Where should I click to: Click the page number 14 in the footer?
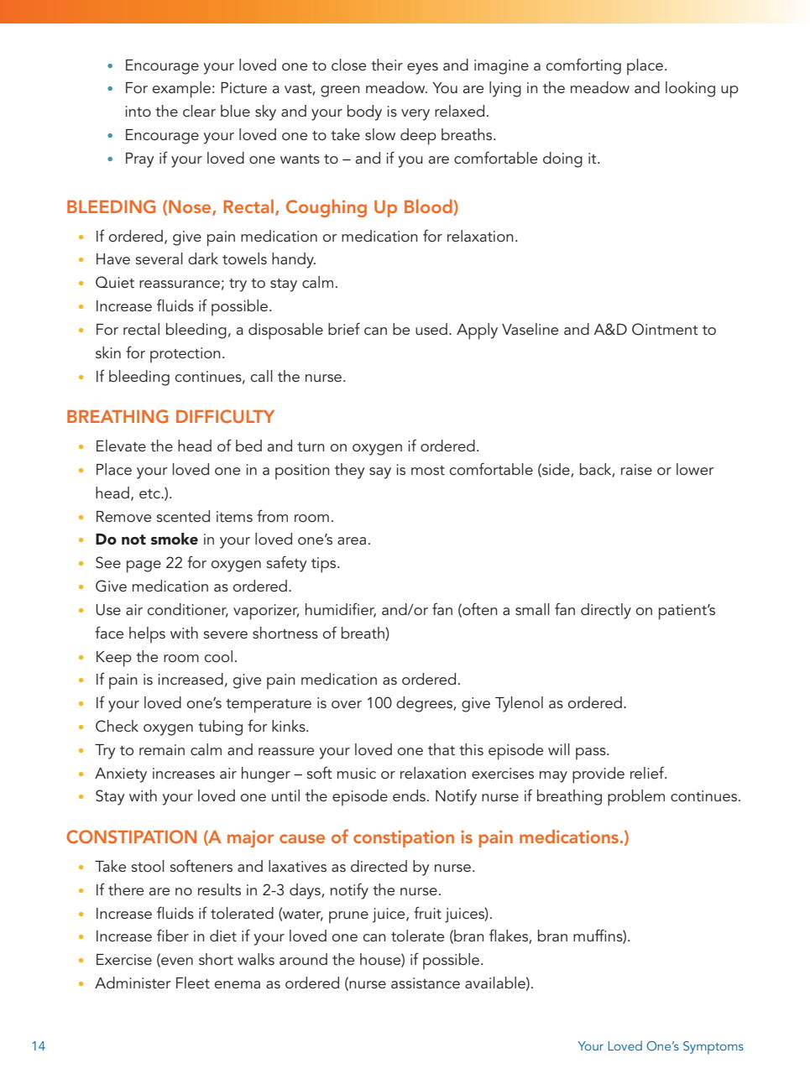point(39,1045)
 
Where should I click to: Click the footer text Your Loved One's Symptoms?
point(660,1045)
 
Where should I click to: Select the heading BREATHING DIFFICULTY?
point(170,417)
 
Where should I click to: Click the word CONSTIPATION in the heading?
point(132,837)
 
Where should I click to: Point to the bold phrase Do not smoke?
point(146,540)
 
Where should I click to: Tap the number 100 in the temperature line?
point(379,703)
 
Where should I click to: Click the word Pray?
point(139,159)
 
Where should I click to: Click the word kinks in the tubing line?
point(289,727)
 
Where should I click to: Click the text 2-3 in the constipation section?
point(273,890)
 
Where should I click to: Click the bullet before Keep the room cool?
point(81,658)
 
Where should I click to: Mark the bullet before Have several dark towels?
point(81,260)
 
